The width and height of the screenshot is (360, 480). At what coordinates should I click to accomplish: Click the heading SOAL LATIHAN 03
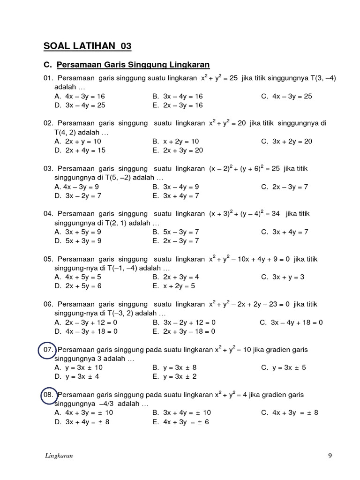pyautogui.click(x=88, y=46)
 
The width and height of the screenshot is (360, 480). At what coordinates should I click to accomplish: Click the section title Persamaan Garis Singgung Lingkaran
pyautogui.click(x=133, y=65)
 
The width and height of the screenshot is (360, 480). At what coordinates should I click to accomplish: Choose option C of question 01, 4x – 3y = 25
pyautogui.click(x=286, y=96)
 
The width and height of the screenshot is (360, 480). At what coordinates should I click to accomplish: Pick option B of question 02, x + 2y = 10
pyautogui.click(x=175, y=141)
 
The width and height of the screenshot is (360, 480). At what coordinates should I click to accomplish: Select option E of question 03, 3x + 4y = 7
pyautogui.click(x=175, y=195)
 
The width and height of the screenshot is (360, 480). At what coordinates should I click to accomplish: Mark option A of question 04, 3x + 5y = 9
pyautogui.click(x=78, y=232)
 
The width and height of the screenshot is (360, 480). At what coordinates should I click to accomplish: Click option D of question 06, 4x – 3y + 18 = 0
pyautogui.click(x=86, y=331)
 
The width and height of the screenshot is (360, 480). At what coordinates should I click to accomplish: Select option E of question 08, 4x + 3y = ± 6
pyautogui.click(x=180, y=421)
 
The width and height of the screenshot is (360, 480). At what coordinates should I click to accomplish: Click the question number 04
pyautogui.click(x=49, y=214)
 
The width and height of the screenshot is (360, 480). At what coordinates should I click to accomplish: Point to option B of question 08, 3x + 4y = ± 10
pyautogui.click(x=181, y=412)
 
